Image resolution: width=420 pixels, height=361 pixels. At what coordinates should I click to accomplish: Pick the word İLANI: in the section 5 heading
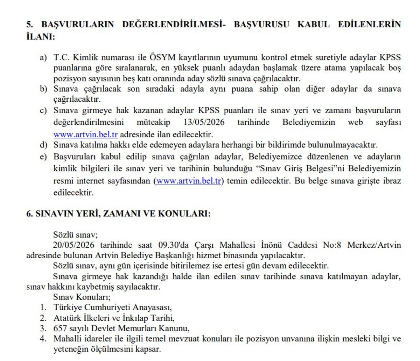[41, 36]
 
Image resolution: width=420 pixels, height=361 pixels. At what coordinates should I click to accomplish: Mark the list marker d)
[43, 145]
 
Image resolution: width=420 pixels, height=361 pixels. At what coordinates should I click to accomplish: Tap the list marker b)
[43, 89]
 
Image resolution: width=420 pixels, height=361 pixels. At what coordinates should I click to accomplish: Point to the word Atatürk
[66, 318]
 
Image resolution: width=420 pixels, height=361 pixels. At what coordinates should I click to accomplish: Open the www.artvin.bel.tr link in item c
[85, 135]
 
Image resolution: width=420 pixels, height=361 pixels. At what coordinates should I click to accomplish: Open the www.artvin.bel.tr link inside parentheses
[188, 181]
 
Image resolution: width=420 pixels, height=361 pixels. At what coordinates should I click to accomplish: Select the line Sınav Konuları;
[82, 297]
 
